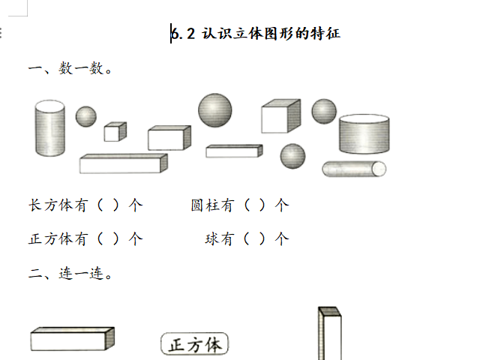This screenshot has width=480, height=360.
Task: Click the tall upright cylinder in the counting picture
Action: click(x=50, y=128)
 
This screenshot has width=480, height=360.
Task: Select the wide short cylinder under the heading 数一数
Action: click(x=364, y=134)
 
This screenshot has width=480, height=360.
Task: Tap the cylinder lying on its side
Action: click(x=354, y=169)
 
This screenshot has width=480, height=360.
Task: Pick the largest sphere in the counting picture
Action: click(x=215, y=110)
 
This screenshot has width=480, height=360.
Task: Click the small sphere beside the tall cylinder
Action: click(x=86, y=116)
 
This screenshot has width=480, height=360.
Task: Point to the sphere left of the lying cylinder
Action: click(x=292, y=156)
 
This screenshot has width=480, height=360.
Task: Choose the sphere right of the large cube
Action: click(x=324, y=111)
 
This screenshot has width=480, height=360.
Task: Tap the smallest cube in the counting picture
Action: click(x=115, y=132)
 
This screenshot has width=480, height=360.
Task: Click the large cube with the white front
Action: click(x=280, y=116)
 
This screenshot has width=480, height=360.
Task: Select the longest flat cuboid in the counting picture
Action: click(x=123, y=163)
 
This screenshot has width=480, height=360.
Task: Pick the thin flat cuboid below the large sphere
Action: click(x=234, y=151)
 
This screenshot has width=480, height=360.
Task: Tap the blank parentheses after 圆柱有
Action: click(x=254, y=205)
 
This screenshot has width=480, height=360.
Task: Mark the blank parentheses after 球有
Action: click(x=254, y=238)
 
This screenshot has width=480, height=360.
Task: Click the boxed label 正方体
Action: click(x=195, y=344)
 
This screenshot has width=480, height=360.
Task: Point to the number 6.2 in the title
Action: click(x=183, y=33)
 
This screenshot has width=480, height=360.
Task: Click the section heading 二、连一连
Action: click(x=70, y=274)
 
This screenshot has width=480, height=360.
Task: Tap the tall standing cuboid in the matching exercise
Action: click(x=330, y=333)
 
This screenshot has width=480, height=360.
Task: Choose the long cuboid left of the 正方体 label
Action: click(x=73, y=339)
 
